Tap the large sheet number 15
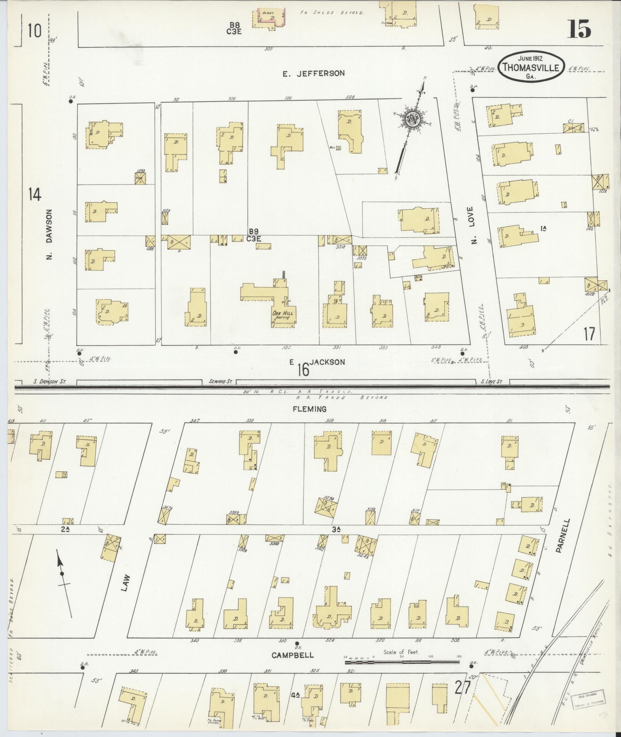click(x=579, y=29)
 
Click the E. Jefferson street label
click(x=313, y=73)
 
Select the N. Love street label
click(x=474, y=225)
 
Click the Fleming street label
click(x=310, y=409)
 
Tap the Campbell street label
click(x=292, y=655)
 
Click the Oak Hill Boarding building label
click(x=283, y=315)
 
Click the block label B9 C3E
click(x=254, y=235)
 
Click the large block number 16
click(x=303, y=370)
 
